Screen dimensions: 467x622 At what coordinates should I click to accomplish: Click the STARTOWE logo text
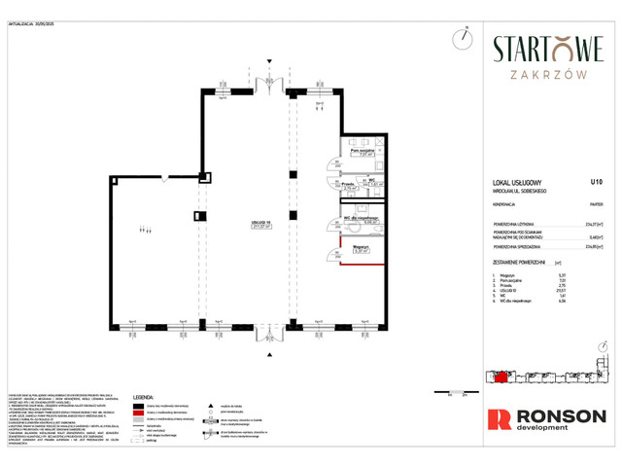(x=548, y=49)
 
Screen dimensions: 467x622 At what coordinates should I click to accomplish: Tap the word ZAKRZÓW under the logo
(x=548, y=73)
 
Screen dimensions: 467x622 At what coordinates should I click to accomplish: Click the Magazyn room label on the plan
(x=359, y=247)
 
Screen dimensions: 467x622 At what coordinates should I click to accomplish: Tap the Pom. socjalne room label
(x=361, y=151)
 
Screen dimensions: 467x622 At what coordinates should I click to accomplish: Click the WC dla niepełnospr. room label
(x=360, y=219)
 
